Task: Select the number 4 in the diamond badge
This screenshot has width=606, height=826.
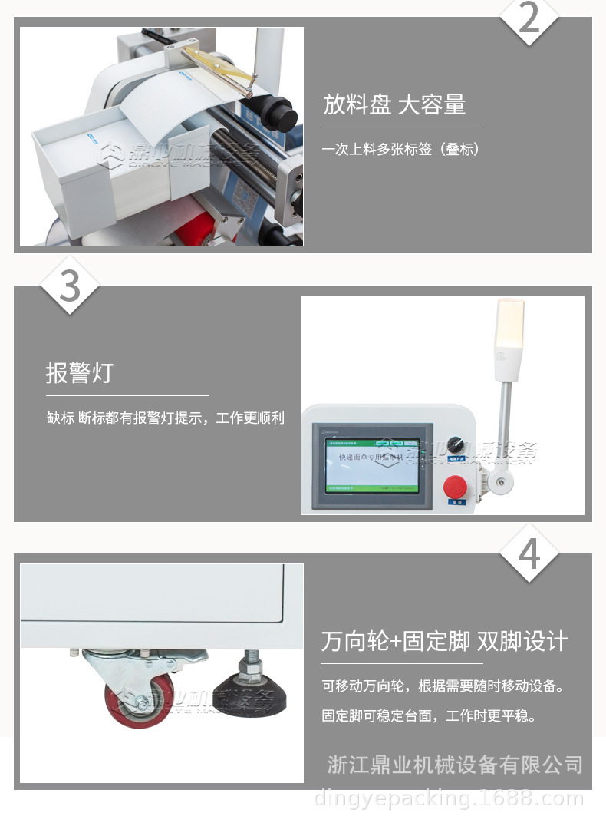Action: click(530, 553)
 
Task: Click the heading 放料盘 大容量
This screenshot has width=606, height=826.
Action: click(394, 104)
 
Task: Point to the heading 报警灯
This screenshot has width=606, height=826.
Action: click(79, 373)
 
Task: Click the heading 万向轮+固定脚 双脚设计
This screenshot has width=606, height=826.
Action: click(444, 641)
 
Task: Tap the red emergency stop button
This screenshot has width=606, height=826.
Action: click(455, 487)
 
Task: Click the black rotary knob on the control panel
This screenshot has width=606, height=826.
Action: click(456, 445)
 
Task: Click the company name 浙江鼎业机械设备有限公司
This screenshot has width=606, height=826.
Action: click(455, 765)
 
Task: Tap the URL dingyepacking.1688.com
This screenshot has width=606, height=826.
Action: click(449, 800)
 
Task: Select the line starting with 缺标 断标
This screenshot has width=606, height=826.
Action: click(165, 418)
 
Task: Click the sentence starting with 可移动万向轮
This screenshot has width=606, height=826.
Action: click(443, 686)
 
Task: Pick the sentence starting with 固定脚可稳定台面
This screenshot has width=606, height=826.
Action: click(428, 716)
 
